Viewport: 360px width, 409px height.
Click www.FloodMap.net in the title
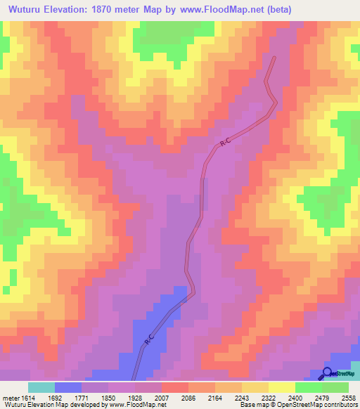click(217, 9)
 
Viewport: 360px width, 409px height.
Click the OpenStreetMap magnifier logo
click(328, 374)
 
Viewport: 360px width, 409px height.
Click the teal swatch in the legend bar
click(41, 387)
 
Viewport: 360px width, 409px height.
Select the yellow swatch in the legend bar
click(281, 387)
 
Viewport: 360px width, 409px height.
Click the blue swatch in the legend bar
click(68, 387)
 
